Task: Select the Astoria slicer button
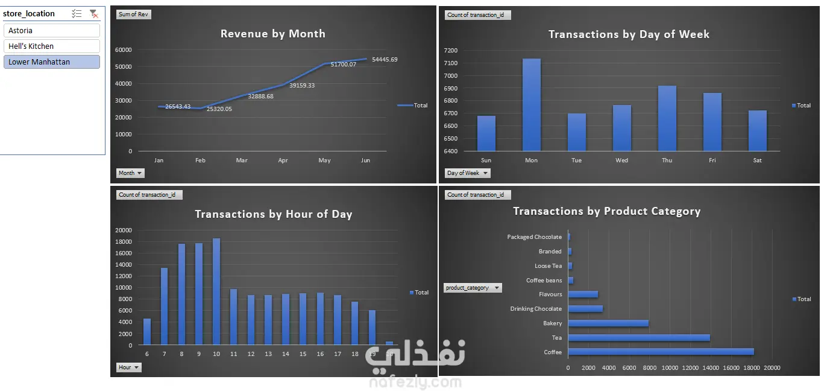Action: click(51, 30)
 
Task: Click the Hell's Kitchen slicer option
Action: click(51, 46)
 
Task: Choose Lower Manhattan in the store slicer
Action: click(51, 62)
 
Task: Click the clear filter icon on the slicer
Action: click(94, 14)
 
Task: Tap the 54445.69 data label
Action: click(385, 59)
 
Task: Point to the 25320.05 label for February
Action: click(219, 109)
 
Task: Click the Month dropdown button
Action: click(130, 173)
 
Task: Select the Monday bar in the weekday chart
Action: click(532, 104)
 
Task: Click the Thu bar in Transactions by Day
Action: click(667, 118)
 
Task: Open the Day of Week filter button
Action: click(467, 173)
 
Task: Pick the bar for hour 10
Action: click(216, 291)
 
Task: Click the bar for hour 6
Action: click(147, 332)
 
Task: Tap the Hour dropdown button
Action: click(128, 367)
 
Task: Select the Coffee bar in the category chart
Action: click(661, 352)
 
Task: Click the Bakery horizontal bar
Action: click(608, 323)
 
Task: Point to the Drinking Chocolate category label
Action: click(536, 309)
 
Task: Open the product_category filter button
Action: click(473, 287)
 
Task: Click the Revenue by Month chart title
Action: click(273, 34)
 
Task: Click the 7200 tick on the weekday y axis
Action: click(451, 50)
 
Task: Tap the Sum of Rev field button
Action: click(133, 14)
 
